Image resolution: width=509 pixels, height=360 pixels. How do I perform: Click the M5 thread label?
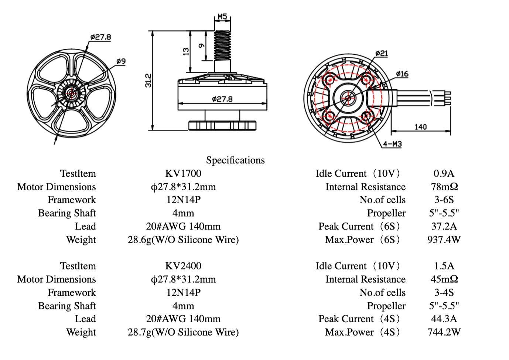tap(222, 17)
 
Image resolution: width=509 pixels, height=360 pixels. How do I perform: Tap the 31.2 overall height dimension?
tap(148, 81)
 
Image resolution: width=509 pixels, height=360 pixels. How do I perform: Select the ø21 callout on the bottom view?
tap(382, 54)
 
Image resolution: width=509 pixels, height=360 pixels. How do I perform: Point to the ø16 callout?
tap(402, 74)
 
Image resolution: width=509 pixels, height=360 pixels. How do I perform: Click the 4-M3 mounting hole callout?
tap(392, 144)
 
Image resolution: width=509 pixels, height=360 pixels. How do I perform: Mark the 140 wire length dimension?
tap(420, 127)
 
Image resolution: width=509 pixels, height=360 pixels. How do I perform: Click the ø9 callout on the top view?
tap(121, 61)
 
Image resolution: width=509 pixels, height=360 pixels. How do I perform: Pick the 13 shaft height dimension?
tap(186, 51)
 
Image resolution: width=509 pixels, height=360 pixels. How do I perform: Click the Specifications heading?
tap(235, 160)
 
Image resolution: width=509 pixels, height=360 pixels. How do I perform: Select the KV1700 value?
tap(183, 173)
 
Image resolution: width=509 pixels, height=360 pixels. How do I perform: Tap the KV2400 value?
tap(183, 266)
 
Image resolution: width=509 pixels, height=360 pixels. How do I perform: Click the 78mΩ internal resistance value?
tap(444, 187)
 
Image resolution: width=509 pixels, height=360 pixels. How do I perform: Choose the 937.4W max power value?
tap(444, 240)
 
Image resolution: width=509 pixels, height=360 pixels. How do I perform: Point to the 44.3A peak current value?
tap(444, 319)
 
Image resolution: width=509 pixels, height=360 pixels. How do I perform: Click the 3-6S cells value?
tap(444, 200)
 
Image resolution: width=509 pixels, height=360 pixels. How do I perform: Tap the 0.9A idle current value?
tap(444, 173)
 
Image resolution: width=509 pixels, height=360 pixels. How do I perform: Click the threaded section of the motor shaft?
tap(222, 45)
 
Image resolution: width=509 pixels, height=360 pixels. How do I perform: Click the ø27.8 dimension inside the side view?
tap(222, 99)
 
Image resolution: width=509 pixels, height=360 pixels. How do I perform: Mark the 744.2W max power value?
tap(444, 332)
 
